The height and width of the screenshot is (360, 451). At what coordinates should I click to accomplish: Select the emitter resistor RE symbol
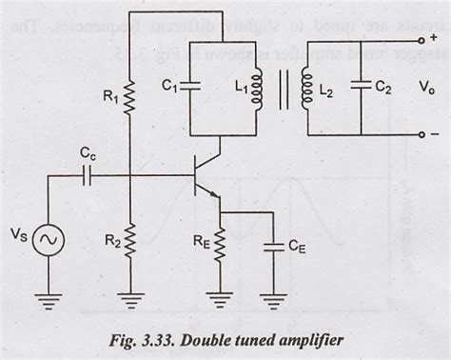[220, 247]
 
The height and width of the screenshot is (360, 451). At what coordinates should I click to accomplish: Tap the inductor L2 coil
[305, 89]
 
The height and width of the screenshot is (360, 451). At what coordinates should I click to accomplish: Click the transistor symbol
[203, 181]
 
